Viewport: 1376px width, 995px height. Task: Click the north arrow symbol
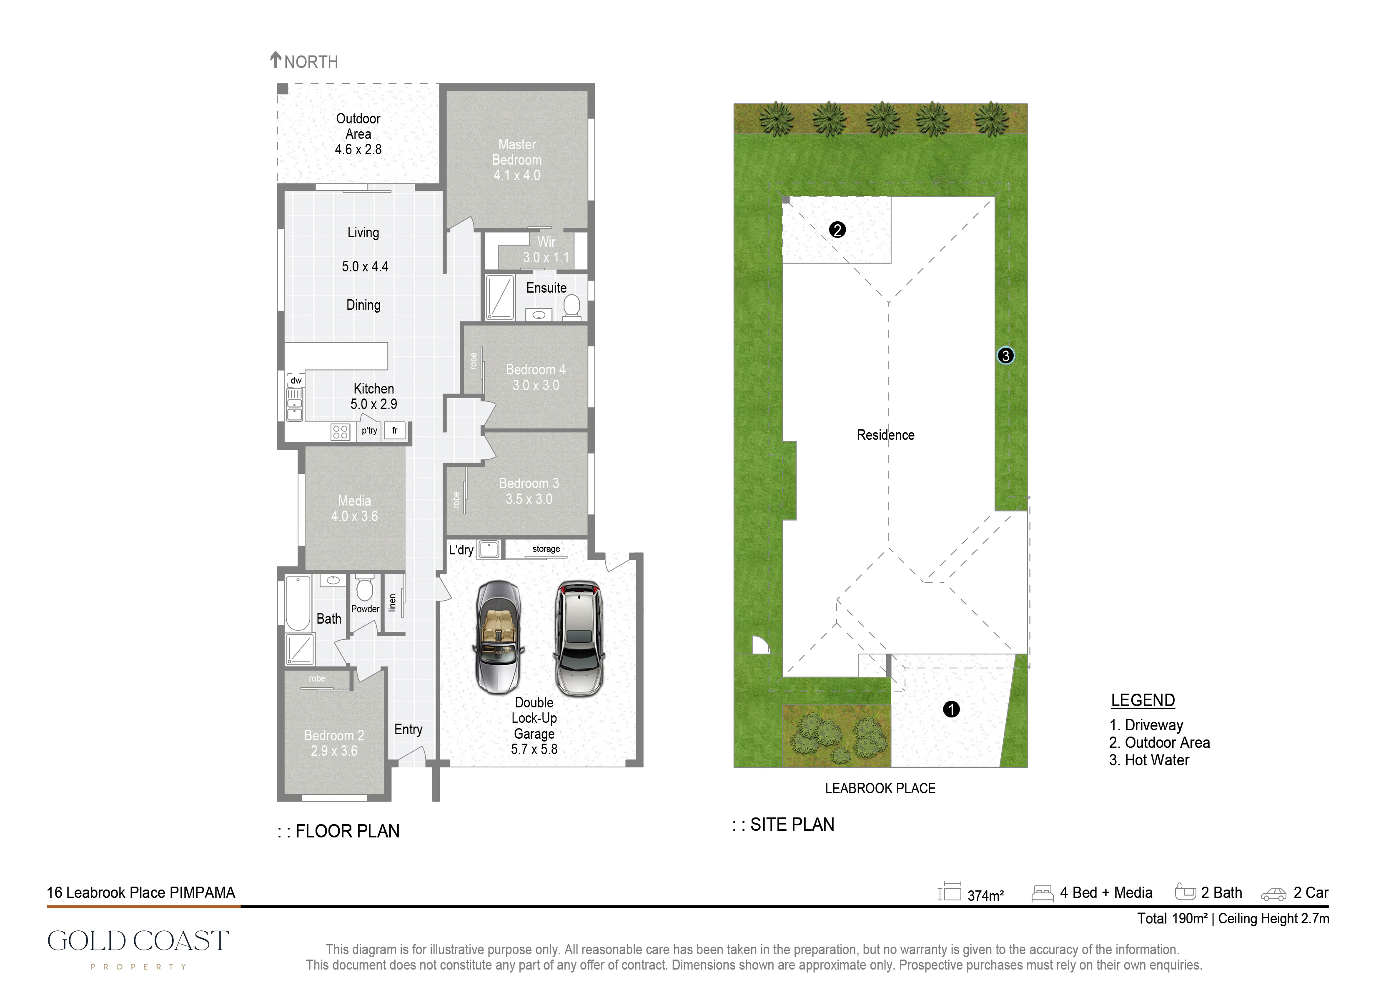click(276, 60)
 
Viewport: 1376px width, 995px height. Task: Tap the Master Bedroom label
click(517, 152)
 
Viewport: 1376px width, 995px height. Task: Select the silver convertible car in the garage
click(498, 637)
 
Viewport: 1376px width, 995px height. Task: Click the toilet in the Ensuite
click(571, 306)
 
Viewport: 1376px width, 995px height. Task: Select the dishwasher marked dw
click(296, 381)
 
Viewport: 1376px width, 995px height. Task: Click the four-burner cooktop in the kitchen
click(341, 432)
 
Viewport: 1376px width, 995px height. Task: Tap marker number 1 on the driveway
click(951, 709)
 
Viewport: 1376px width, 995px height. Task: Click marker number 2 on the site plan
click(837, 230)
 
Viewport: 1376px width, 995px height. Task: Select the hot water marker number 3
click(1005, 356)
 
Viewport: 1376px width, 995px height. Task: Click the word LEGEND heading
click(1143, 700)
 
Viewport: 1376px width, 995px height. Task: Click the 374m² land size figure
click(985, 895)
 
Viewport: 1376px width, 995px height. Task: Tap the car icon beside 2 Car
click(1273, 894)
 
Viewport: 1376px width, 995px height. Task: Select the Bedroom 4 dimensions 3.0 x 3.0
click(536, 385)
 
